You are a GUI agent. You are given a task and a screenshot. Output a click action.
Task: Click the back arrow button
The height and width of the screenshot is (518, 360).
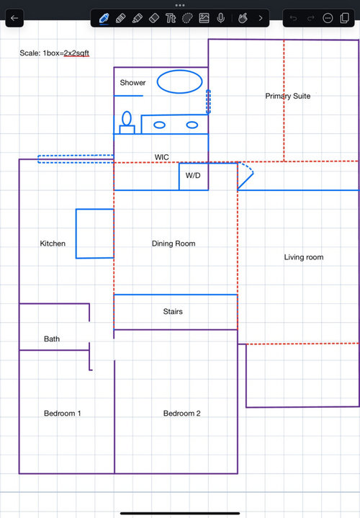14,18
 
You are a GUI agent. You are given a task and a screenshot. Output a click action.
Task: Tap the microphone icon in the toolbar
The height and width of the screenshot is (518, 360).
220,18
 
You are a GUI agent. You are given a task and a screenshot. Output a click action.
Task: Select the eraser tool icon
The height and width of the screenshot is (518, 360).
154,18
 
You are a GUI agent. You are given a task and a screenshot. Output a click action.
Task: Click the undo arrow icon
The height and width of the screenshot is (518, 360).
293,18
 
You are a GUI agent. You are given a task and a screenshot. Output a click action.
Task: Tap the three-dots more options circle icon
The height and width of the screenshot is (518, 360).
328,18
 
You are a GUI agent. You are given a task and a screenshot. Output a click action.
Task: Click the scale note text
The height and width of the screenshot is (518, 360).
54,53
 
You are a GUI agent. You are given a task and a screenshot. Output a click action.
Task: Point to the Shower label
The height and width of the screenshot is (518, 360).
132,83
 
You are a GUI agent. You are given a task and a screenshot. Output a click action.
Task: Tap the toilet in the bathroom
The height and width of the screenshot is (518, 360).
127,122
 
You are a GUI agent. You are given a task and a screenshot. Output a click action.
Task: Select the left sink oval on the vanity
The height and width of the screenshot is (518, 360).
160,125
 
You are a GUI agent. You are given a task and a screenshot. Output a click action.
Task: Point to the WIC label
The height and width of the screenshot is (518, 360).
161,157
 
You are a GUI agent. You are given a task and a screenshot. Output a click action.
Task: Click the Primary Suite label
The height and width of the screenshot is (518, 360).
288,96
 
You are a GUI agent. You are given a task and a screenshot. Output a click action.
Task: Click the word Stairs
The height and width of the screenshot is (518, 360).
173,311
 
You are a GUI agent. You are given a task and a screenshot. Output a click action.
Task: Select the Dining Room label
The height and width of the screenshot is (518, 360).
174,244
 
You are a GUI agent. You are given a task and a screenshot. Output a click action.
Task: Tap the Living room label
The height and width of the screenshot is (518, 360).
304,257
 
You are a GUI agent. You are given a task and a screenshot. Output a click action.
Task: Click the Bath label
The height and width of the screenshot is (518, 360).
52,339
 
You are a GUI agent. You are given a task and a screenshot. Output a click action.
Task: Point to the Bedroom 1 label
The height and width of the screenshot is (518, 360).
63,414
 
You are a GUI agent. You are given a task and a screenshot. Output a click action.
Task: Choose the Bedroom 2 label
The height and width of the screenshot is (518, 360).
181,414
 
